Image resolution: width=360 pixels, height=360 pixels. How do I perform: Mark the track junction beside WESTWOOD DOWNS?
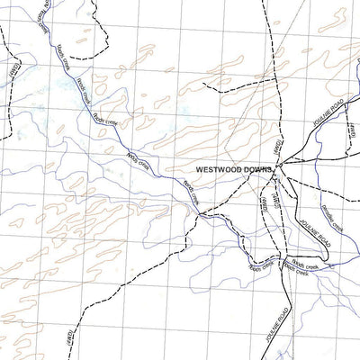[278, 166]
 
